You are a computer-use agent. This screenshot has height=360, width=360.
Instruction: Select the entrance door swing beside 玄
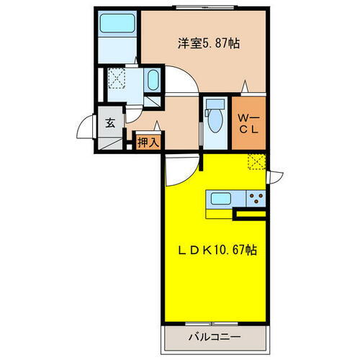pyautogui.click(x=88, y=132)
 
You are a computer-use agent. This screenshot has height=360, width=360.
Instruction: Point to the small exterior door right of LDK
pyautogui.click(x=277, y=175)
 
